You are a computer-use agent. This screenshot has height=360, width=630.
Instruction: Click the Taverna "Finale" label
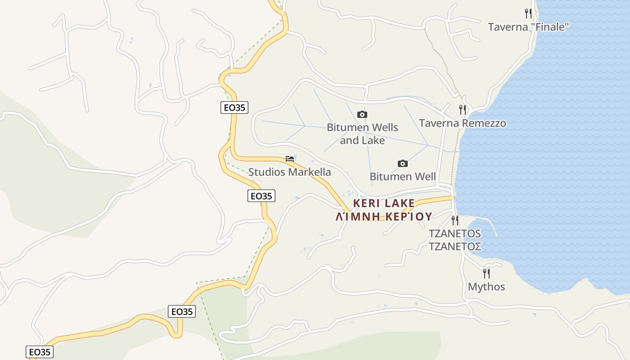coord(528,27)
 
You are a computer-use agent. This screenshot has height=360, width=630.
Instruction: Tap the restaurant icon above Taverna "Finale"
coord(528,13)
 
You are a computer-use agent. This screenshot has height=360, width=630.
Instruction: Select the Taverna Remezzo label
coord(462,123)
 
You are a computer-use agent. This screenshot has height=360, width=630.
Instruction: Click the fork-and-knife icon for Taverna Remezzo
coord(462,109)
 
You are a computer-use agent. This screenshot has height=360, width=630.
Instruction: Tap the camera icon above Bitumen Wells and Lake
coord(362,115)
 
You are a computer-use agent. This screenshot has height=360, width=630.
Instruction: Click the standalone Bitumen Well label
coord(402,176)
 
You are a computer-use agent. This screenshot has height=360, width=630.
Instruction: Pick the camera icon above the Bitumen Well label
coord(402,163)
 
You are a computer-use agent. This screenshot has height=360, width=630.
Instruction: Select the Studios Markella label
coord(289,172)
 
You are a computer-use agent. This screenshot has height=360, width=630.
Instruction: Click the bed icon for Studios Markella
coord(290,159)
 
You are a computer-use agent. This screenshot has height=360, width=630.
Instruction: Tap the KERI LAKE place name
coord(384,203)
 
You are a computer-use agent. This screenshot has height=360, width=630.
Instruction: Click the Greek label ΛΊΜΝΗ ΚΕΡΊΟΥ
coord(384,216)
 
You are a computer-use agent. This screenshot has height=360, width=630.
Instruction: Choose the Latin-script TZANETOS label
coord(454,234)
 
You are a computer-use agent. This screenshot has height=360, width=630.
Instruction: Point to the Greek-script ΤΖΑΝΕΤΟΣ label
coord(454,247)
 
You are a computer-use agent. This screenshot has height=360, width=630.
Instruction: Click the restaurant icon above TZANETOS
coord(455,220)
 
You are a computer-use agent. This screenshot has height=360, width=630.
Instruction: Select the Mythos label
coord(486,287)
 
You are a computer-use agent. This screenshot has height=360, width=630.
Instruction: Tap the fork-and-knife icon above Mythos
coord(486,273)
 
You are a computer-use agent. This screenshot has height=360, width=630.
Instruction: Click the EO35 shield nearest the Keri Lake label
coord(261,196)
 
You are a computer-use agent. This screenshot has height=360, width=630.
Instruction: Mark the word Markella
coord(309,172)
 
